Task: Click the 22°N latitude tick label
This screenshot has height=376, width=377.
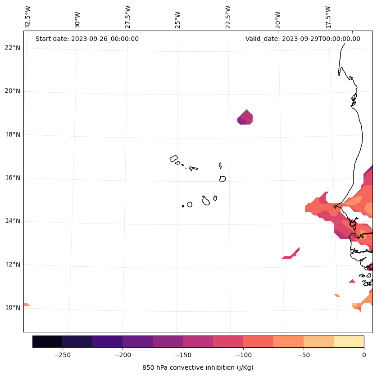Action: click(x=11, y=48)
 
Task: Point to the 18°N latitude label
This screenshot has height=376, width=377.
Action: click(x=11, y=134)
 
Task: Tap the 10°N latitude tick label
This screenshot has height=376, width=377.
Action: click(x=11, y=308)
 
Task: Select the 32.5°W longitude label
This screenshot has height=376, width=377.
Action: click(x=28, y=17)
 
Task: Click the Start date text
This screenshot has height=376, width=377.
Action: click(x=87, y=39)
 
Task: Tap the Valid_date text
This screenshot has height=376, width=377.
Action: click(x=303, y=39)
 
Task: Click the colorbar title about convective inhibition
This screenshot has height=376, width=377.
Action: click(x=198, y=367)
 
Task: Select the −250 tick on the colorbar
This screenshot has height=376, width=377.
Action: click(x=62, y=354)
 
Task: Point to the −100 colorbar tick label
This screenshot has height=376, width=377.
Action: click(x=243, y=354)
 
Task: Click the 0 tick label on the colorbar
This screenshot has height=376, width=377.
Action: click(x=363, y=354)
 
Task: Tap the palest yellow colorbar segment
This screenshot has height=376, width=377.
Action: click(x=349, y=341)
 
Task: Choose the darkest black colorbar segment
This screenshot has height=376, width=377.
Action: click(x=47, y=341)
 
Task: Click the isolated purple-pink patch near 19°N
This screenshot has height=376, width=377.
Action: click(x=245, y=117)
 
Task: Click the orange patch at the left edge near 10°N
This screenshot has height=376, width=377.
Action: click(x=26, y=304)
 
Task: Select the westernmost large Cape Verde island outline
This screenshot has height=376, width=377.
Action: click(x=174, y=158)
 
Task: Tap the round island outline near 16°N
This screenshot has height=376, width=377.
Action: click(x=223, y=179)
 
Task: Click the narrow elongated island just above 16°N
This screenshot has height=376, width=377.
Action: click(x=220, y=166)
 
